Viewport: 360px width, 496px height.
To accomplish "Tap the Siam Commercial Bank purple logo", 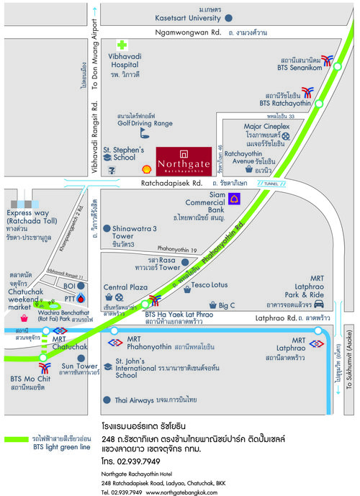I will point(234,199).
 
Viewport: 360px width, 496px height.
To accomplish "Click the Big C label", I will point(227,305).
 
